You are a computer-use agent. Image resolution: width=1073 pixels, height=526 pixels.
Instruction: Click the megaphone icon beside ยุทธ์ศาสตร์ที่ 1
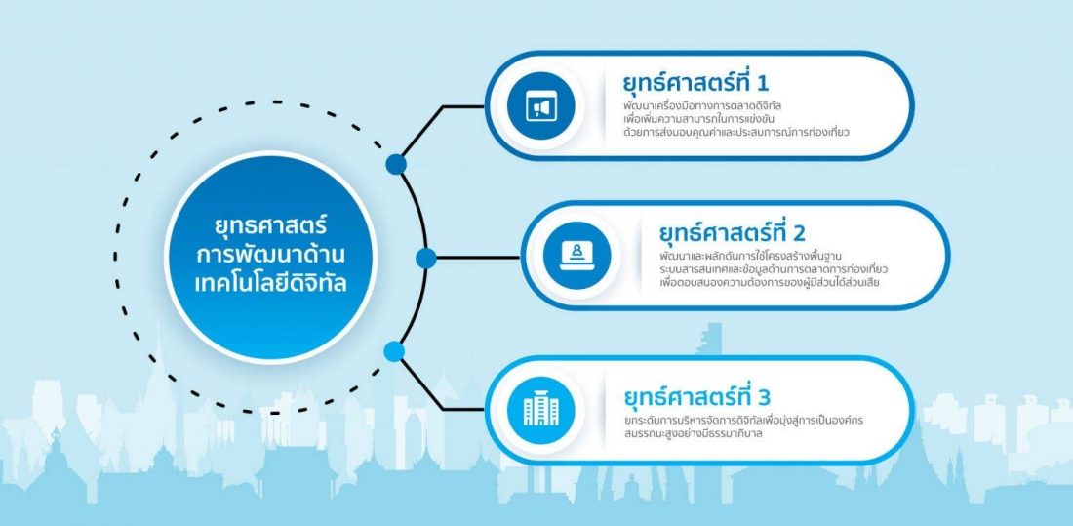pos(541,106)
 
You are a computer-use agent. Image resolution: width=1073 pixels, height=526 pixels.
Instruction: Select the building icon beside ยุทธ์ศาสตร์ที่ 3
pos(541,410)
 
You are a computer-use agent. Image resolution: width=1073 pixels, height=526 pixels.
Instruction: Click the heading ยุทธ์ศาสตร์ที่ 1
pos(695,84)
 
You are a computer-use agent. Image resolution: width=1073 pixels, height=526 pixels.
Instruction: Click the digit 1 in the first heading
pos(764,84)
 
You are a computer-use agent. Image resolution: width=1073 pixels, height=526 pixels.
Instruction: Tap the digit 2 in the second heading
pos(799,233)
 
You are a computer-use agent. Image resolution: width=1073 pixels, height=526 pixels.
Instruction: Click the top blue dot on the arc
pos(395,164)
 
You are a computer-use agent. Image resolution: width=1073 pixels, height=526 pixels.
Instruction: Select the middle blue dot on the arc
pos(425,259)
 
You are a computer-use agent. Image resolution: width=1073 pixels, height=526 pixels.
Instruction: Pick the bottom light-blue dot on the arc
pos(394,351)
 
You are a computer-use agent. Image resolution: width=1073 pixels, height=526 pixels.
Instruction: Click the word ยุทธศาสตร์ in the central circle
pos(270,226)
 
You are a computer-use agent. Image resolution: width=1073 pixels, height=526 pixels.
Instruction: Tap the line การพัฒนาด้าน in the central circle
pos(270,255)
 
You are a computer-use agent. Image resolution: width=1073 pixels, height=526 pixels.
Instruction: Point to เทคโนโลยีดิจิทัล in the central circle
pos(270,284)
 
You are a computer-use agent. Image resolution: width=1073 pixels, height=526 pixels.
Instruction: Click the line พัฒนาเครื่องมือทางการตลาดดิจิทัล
pos(702,107)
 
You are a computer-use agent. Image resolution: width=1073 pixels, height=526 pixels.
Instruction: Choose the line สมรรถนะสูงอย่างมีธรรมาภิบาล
pos(695,433)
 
